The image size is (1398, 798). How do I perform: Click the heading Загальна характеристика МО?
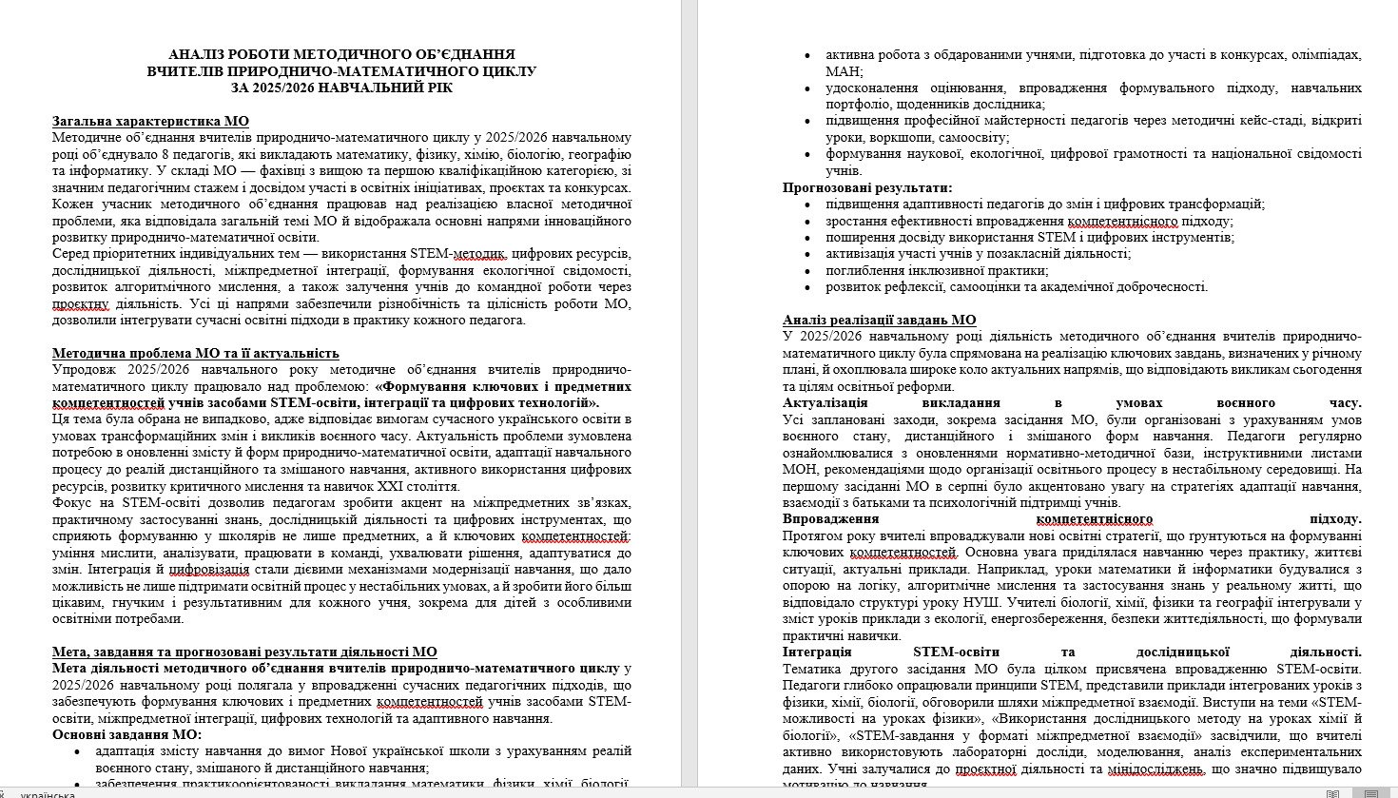coord(150,122)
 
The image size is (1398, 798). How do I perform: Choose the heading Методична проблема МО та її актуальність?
coord(195,353)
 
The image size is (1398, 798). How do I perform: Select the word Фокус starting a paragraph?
coord(69,501)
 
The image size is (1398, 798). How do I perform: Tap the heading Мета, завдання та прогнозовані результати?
coord(244,652)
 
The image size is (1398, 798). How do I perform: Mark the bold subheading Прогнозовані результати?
coord(867,187)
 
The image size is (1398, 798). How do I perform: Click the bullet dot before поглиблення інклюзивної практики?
coord(808,270)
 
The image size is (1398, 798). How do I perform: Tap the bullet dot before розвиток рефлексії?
coord(808,286)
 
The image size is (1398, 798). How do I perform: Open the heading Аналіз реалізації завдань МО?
coord(880,320)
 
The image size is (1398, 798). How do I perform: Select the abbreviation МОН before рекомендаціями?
coord(802,469)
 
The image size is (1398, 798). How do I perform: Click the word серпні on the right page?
coord(951,485)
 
